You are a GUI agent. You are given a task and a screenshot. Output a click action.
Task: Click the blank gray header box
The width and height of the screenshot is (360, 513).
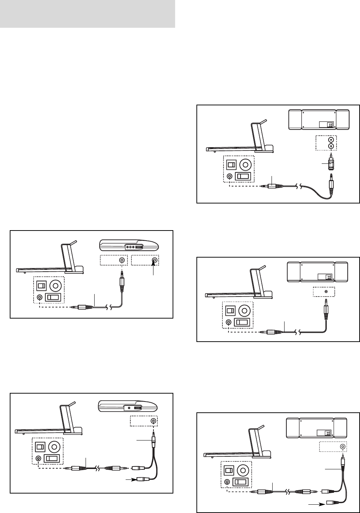coord(87,14)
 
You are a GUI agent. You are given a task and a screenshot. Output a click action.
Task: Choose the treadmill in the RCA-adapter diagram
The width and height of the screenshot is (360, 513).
coord(240,141)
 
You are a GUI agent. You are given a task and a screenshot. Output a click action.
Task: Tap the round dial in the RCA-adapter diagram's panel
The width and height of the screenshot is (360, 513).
coord(245,165)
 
